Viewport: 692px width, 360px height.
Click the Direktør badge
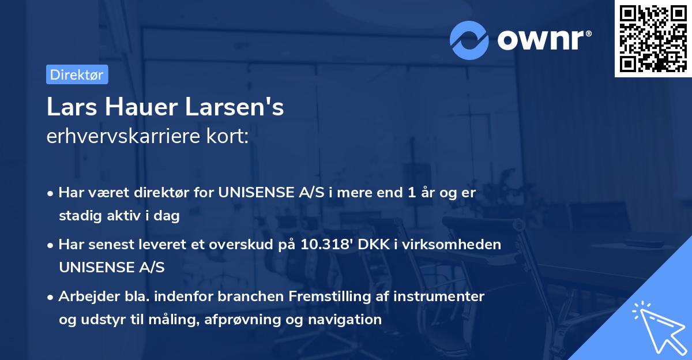tap(77, 74)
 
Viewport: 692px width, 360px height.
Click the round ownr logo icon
tap(469, 40)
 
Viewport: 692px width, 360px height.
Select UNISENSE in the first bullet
tap(254, 193)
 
